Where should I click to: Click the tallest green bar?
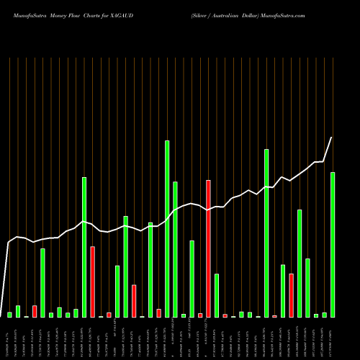pos(167,229)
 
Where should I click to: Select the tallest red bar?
pos(209,248)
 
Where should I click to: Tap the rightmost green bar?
pos(333,245)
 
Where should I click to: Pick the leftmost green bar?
pos(9,315)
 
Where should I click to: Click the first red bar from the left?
pos(35,312)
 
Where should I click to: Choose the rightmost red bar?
pos(291,295)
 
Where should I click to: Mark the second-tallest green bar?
pos(266,233)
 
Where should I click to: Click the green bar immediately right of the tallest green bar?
pos(175,249)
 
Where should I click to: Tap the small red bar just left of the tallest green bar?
pos(158,313)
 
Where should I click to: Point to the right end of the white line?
pos(332,138)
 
